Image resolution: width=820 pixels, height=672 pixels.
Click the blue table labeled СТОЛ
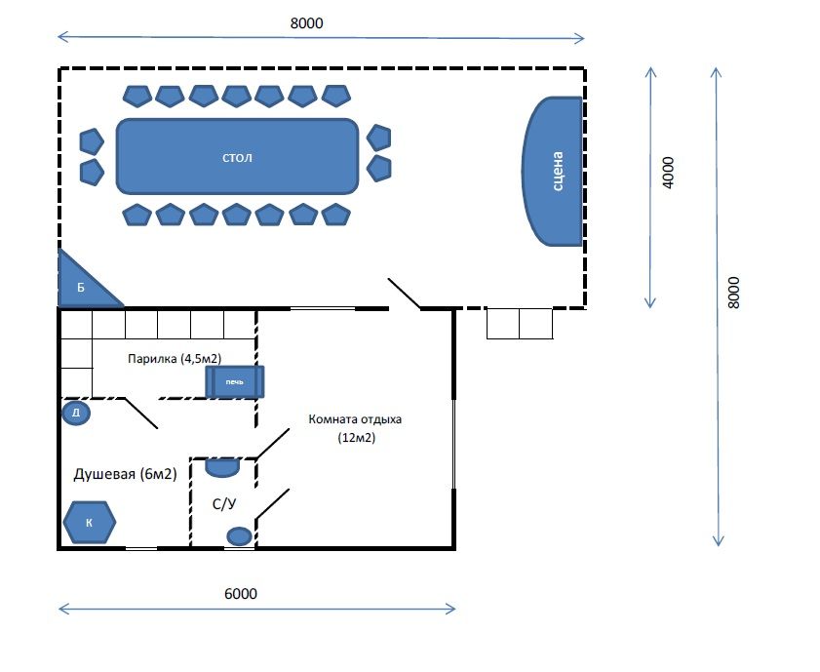point(237,156)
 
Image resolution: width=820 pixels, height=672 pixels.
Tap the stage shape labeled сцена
point(553,171)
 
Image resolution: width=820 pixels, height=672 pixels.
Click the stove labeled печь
point(235,381)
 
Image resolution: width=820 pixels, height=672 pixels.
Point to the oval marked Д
point(76,413)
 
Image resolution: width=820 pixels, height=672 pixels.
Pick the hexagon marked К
point(90,523)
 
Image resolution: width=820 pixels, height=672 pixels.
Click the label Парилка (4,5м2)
point(175,359)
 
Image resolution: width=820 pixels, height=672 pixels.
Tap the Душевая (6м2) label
point(125,474)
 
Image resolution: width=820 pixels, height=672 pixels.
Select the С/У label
point(224,503)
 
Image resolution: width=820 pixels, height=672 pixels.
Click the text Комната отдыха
point(355,419)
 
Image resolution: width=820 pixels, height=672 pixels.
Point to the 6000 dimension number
point(241,594)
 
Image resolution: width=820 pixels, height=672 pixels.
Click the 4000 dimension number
point(668,173)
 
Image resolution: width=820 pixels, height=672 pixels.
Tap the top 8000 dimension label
point(306,23)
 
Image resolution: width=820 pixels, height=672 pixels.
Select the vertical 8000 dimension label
point(734,293)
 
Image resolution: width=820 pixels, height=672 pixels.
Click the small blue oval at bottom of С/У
point(239,536)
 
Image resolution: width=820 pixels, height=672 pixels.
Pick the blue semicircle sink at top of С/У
point(222,466)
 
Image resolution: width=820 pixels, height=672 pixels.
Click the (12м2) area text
point(357,437)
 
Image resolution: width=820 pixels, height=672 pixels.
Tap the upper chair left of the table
point(92,141)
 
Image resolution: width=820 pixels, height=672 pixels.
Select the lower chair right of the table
point(379,169)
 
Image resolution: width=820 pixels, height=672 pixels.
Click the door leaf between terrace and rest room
point(404,294)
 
